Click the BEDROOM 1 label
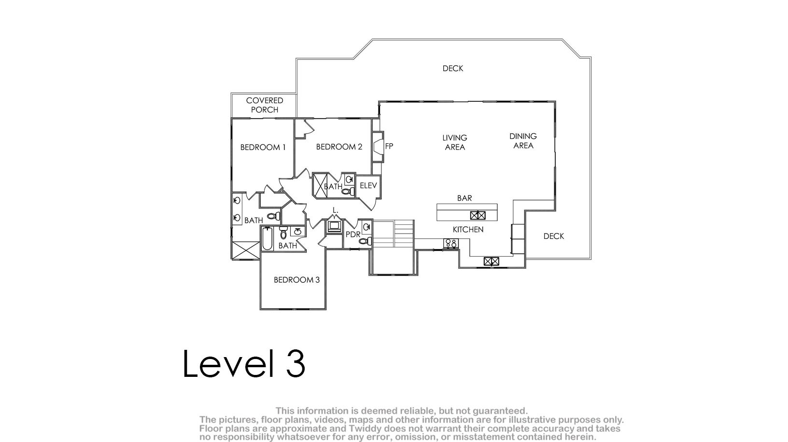point(263,147)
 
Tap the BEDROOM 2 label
point(339,147)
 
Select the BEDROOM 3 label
point(296,280)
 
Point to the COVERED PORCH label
point(265,105)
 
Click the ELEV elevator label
point(368,185)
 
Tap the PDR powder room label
point(353,234)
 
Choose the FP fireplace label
point(389,146)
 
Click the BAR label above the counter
point(464,198)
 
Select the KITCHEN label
point(468,230)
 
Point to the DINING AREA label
point(523,140)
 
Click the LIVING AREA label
point(455,142)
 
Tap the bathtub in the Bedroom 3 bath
point(267,239)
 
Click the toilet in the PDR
point(366,241)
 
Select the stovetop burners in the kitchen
point(451,243)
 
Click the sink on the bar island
point(478,215)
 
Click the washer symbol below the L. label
point(334,226)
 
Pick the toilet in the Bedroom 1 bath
point(274,216)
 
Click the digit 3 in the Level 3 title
point(295,363)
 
